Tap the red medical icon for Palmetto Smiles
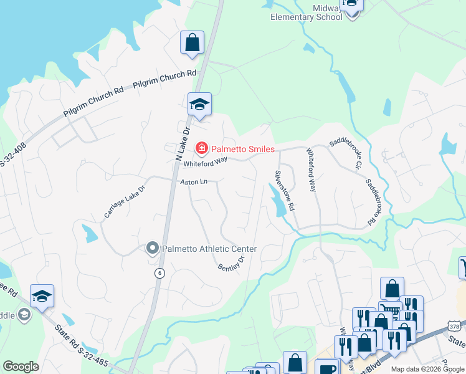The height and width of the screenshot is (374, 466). point(201,148)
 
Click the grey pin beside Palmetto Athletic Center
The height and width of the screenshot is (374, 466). point(152,249)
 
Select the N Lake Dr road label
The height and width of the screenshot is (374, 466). point(182,143)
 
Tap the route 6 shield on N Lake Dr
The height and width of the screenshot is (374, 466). point(160,273)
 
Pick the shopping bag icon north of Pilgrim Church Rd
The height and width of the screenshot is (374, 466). point(192,43)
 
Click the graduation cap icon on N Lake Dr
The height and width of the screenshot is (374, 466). point(200,104)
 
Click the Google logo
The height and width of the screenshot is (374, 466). point(21,367)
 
